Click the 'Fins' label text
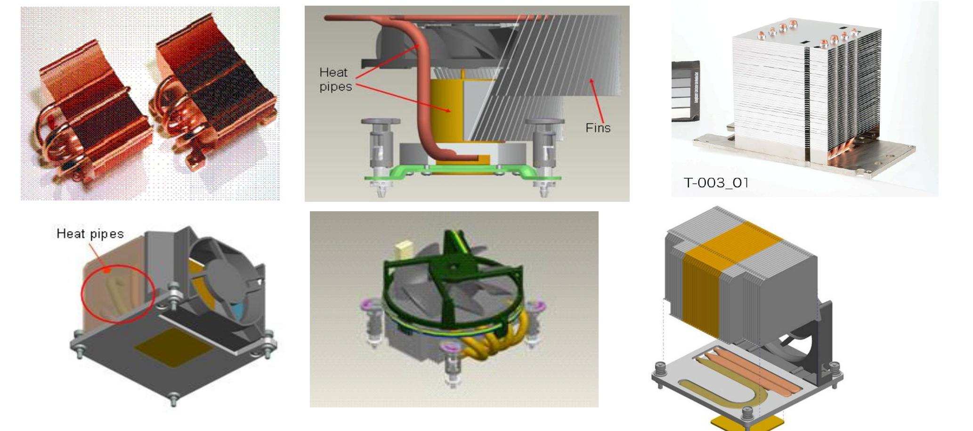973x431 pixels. (x=598, y=128)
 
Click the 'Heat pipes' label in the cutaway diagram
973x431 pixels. (x=335, y=80)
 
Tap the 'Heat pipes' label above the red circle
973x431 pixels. (x=90, y=234)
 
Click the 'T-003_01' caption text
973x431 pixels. (x=716, y=183)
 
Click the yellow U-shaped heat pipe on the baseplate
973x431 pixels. (x=735, y=391)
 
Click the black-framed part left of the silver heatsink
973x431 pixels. (x=685, y=90)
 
